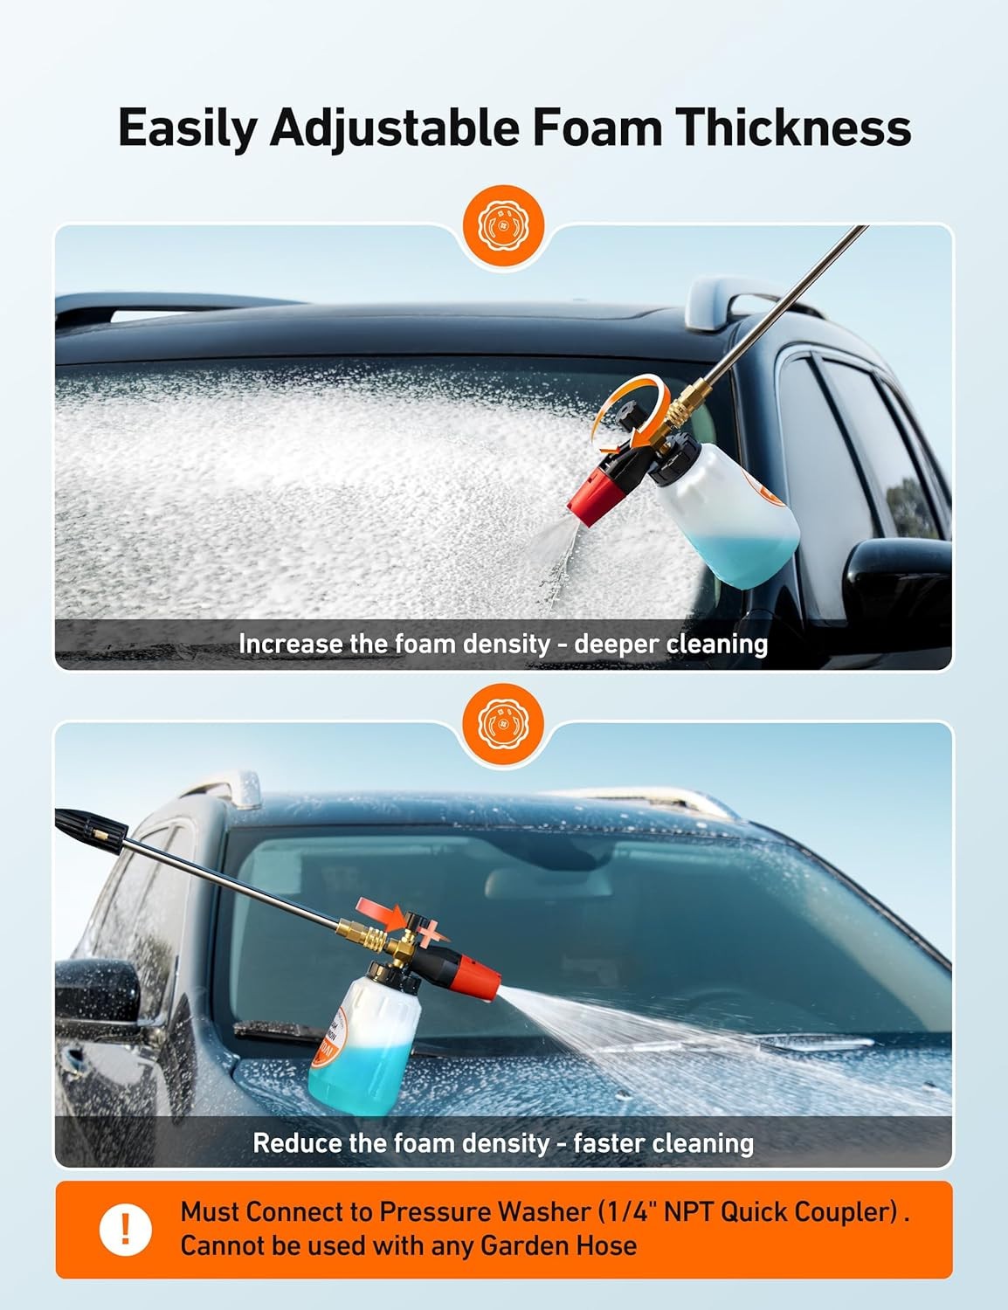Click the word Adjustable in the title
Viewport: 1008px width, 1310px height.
pos(394,128)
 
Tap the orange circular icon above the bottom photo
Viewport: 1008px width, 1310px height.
pos(503,722)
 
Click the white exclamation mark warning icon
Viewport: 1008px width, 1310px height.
pos(125,1229)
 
